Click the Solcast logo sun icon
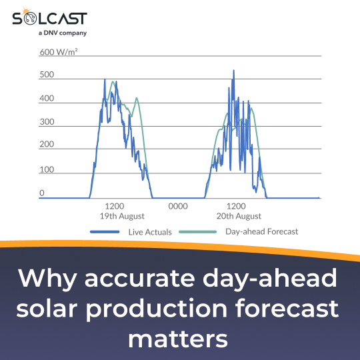[x=27, y=11]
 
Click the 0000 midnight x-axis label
[x=178, y=207]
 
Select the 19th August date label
[x=122, y=217]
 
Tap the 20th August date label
[x=238, y=217]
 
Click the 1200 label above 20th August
[x=237, y=207]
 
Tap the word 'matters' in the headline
[x=179, y=339]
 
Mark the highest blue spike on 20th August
[x=233, y=71]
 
